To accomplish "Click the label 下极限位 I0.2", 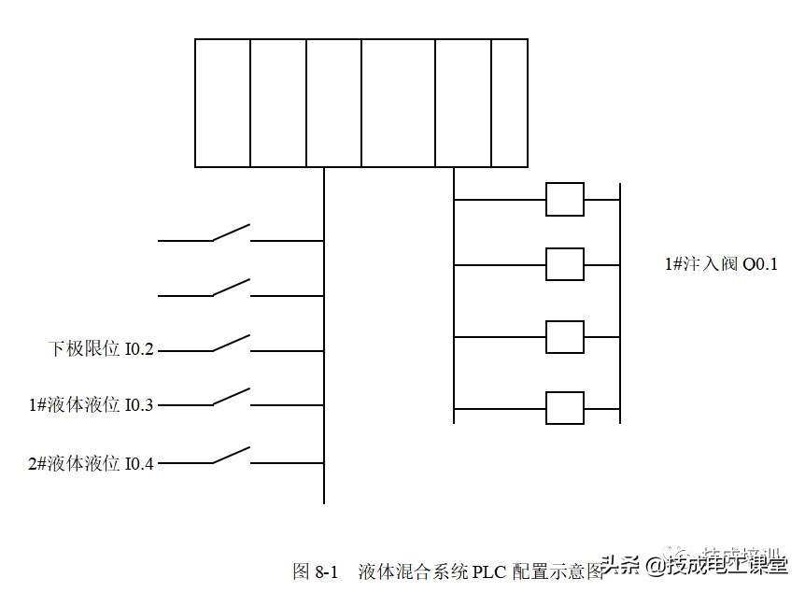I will pyautogui.click(x=101, y=350).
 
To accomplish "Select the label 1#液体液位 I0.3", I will pyautogui.click(x=91, y=405).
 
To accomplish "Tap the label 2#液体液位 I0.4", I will pyautogui.click(x=91, y=462).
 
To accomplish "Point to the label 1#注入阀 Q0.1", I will pyautogui.click(x=721, y=264).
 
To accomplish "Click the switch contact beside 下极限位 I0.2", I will pyautogui.click(x=232, y=344).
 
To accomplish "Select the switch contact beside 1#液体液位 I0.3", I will pyautogui.click(x=232, y=398).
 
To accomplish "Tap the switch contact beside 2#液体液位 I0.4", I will pyautogui.click(x=232, y=456).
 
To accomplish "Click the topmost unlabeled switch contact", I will pyautogui.click(x=232, y=233).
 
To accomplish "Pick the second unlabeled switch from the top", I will pyautogui.click(x=232, y=288).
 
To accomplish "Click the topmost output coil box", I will pyautogui.click(x=564, y=200).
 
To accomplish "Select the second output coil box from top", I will pyautogui.click(x=564, y=264).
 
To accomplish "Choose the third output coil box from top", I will pyautogui.click(x=564, y=336).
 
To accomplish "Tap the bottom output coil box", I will pyautogui.click(x=564, y=408).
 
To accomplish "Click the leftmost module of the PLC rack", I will pyautogui.click(x=222, y=103).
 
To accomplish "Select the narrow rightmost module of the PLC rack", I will pyautogui.click(x=509, y=103).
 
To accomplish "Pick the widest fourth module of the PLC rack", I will pyautogui.click(x=398, y=103).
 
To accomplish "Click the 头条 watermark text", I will pyautogui.click(x=621, y=565).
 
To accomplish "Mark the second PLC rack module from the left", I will pyautogui.click(x=278, y=103).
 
